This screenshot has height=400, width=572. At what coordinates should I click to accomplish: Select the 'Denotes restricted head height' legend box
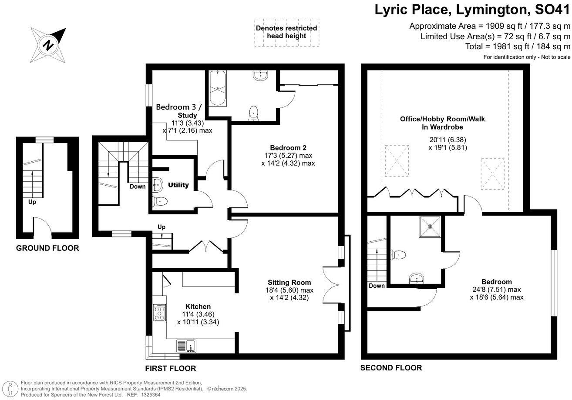pos(286,32)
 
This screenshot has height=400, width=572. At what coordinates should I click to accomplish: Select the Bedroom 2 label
pos(282,147)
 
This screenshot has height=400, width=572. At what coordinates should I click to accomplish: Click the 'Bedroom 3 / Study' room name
pos(179,111)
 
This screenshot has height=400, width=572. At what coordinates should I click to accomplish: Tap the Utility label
pos(178,185)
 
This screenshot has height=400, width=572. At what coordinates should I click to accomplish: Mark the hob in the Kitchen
pos(159,312)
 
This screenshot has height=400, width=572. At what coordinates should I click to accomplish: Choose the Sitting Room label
pos(289,282)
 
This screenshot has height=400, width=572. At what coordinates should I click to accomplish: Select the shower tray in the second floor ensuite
pos(430,227)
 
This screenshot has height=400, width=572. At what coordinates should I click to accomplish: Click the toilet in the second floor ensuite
pos(398,255)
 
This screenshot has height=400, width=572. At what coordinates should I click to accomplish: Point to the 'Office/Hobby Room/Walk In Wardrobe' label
pos(448,123)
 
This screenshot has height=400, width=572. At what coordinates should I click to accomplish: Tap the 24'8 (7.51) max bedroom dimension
pos(496,290)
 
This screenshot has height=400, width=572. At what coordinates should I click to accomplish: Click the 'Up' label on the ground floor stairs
pos(32,202)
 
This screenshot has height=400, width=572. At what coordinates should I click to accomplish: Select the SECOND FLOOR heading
pos(391,368)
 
